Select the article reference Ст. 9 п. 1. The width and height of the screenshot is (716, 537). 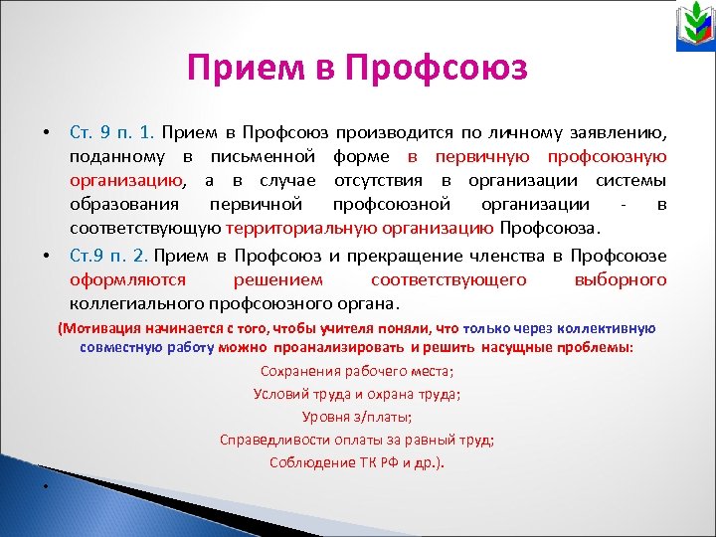point(111,132)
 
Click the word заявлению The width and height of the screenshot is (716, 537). point(619,132)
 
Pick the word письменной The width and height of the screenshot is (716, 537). point(264,157)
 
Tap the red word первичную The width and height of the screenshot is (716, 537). point(466,157)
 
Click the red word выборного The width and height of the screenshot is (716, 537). point(621,279)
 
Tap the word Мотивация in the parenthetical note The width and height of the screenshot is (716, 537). point(104,328)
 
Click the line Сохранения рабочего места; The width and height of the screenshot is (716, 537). point(357,371)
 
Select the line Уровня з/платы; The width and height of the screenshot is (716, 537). point(357,417)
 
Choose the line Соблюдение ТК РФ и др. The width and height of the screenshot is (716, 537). point(357,462)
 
